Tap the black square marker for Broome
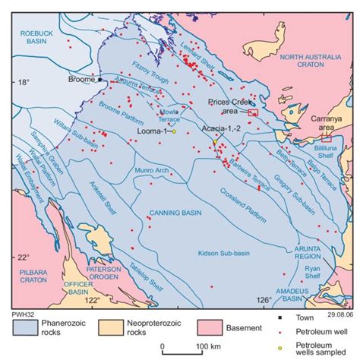[x=99, y=79]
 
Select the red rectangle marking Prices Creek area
[x=254, y=112]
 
